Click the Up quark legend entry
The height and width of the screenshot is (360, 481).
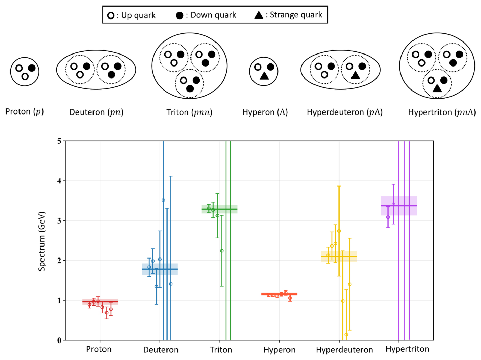click(131, 15)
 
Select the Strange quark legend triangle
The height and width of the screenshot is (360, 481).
click(259, 15)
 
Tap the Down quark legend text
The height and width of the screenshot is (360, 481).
click(213, 15)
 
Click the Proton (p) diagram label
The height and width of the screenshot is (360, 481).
click(24, 111)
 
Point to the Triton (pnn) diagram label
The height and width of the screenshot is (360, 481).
click(189, 112)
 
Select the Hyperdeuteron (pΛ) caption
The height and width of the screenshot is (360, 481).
click(345, 112)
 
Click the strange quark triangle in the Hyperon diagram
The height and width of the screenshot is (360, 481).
click(264, 75)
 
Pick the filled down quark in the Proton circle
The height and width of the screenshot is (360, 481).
click(32, 68)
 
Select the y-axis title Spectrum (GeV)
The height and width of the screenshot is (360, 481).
click(42, 241)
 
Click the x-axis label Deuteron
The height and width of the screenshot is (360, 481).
click(161, 350)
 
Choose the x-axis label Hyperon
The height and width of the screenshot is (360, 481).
click(280, 350)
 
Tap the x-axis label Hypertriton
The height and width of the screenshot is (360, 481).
click(407, 349)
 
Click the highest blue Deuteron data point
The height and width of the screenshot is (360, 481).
click(163, 200)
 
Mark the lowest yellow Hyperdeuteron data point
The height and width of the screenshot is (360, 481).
click(346, 335)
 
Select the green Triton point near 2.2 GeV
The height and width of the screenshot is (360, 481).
click(222, 251)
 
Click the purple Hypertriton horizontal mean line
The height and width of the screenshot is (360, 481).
click(398, 206)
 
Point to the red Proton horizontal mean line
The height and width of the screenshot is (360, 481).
click(100, 302)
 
